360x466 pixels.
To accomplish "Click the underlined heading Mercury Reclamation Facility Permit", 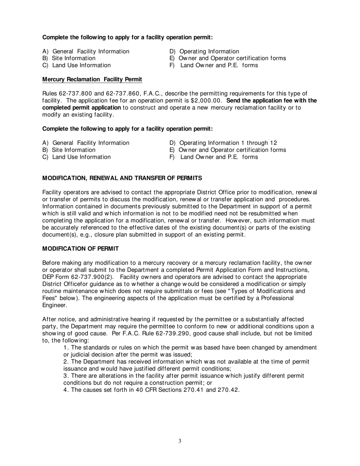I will pos(92,79).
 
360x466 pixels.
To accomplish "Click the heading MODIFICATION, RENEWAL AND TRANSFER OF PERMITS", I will pos(122,178).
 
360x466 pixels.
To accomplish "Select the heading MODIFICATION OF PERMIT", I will pos(80,249).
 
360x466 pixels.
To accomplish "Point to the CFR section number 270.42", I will pos(228,390).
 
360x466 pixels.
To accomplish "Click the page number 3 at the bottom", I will pos(180,441).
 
